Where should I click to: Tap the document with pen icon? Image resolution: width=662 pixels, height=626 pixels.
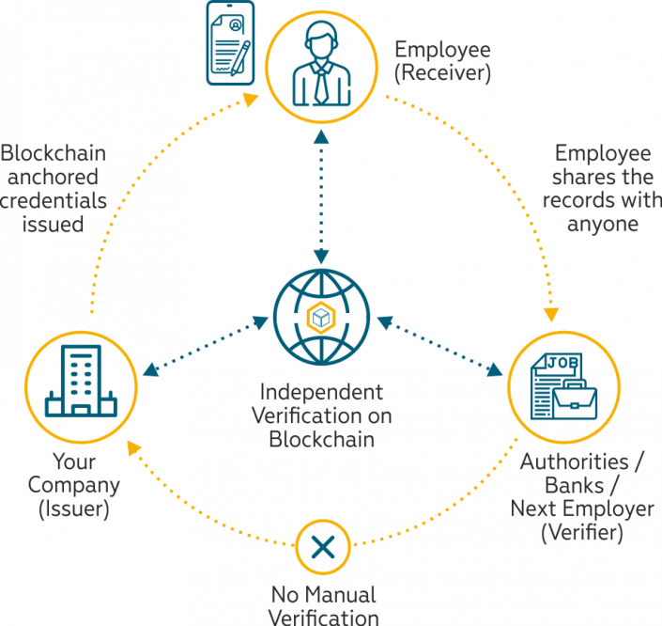click(x=230, y=42)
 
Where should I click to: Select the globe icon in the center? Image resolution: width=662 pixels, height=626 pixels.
click(x=322, y=318)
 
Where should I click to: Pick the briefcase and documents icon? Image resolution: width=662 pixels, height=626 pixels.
click(x=564, y=387)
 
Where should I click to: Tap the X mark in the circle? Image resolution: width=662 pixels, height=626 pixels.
click(x=322, y=546)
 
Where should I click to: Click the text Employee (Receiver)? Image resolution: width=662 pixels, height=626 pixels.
click(x=442, y=61)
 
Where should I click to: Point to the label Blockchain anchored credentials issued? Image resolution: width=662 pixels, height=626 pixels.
click(x=53, y=188)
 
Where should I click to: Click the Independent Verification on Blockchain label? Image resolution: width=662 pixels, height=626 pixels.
click(x=322, y=415)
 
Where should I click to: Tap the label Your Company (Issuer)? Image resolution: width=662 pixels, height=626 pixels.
click(x=74, y=486)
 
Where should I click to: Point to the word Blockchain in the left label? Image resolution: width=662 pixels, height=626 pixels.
click(x=53, y=152)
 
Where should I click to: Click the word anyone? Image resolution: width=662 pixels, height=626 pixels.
click(x=603, y=225)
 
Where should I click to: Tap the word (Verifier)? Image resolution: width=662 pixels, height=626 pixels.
click(x=582, y=532)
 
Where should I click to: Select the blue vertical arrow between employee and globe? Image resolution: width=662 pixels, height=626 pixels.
click(x=322, y=196)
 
